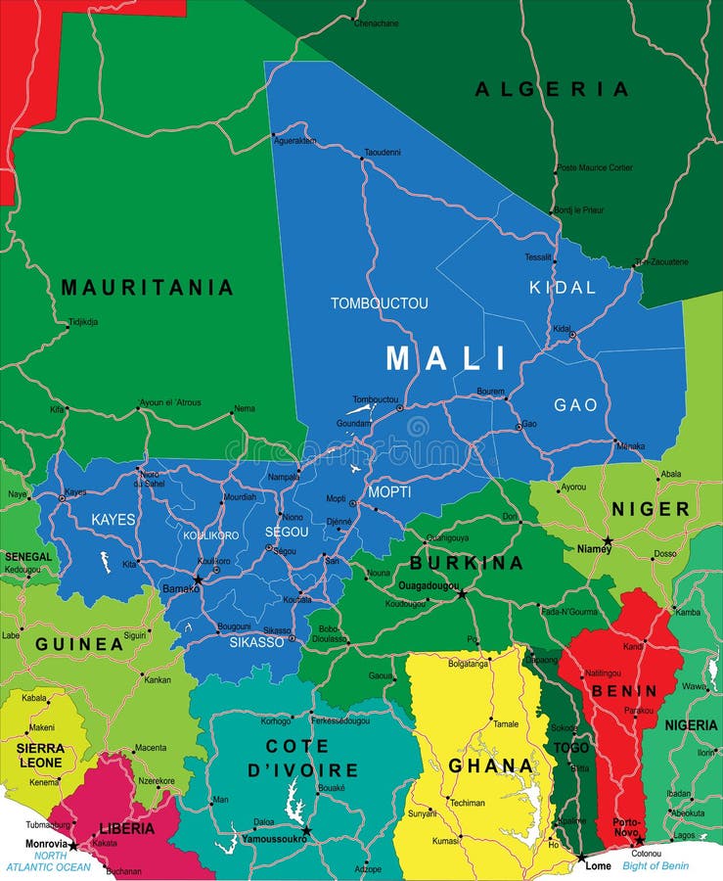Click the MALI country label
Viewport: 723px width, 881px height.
446,358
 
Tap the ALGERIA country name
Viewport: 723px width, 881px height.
552,89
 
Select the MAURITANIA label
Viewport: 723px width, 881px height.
147,288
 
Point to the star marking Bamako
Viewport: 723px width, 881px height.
198,580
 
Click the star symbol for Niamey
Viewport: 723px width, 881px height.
608,540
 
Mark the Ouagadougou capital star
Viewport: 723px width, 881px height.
462,593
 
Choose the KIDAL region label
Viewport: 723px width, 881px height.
562,288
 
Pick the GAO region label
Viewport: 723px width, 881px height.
575,404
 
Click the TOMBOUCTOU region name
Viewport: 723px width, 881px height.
379,303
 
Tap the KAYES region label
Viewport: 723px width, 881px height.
113,519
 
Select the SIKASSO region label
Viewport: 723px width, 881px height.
256,642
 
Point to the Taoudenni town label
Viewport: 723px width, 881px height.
382,153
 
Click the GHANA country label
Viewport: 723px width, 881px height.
490,765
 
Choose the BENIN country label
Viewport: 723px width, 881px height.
622,690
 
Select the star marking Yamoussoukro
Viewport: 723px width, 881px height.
306,830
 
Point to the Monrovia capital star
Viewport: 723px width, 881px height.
72,845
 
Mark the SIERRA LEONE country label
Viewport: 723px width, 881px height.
40,754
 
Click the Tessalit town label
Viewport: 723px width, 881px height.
537,257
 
